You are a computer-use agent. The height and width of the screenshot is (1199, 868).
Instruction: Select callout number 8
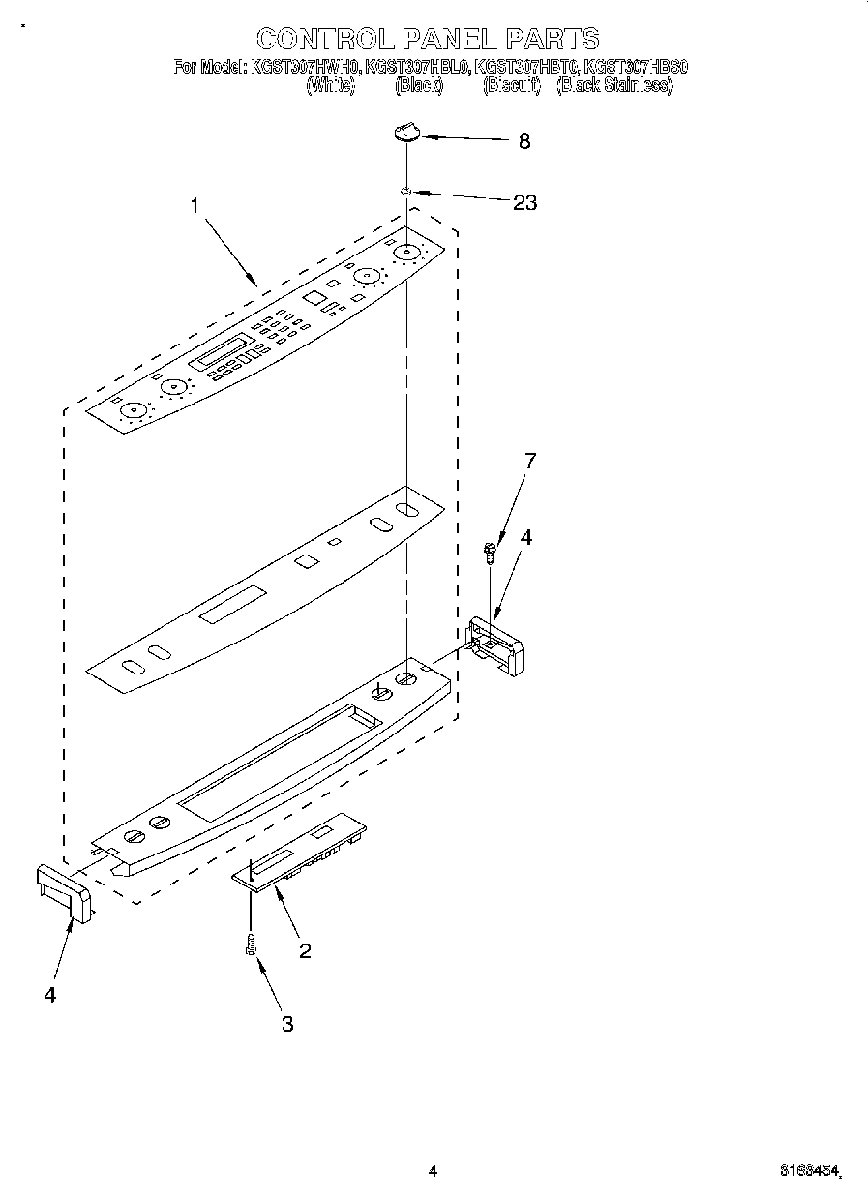point(524,141)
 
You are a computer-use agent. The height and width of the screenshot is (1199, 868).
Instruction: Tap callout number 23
point(524,202)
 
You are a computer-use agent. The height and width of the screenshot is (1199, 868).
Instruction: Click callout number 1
point(195,206)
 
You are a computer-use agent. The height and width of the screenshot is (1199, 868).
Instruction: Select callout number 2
point(305,950)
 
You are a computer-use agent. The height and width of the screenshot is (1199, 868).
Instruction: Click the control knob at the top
point(407,132)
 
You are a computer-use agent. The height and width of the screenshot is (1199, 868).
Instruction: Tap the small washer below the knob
point(407,193)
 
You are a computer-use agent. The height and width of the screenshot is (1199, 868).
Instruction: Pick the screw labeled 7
point(491,553)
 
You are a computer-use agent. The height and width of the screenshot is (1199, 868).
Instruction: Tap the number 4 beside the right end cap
point(526,537)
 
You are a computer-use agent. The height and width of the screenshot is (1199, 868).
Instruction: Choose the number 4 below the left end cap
point(49,994)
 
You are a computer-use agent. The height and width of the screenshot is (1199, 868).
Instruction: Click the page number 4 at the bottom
point(433,1171)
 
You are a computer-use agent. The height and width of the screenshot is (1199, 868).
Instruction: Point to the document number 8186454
point(809,1171)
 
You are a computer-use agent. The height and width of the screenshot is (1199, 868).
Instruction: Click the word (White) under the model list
point(331,85)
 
